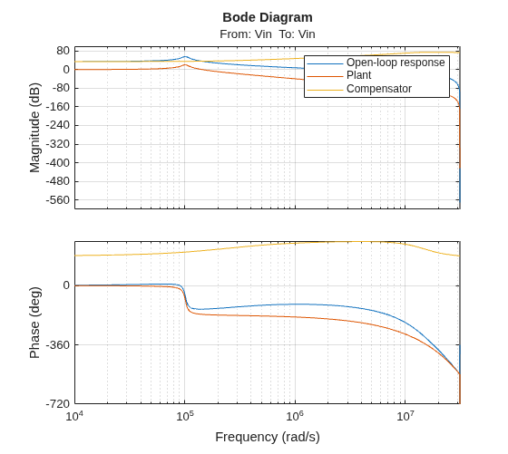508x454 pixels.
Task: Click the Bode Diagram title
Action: point(268,17)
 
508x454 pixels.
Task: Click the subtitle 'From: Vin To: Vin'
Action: point(268,34)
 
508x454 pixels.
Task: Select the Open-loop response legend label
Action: point(396,63)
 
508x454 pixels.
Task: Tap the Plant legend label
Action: point(358,75)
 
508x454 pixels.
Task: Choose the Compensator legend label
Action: point(379,89)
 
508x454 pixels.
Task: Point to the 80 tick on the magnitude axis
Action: point(63,51)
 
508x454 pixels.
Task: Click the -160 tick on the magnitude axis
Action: point(58,106)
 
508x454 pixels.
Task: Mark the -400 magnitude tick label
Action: point(58,163)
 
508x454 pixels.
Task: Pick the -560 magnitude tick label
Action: point(58,200)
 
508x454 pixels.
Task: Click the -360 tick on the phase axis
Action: point(58,345)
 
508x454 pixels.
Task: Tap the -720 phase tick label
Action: point(58,404)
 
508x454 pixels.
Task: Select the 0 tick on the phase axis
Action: point(66,285)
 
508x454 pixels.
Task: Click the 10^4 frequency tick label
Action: point(74,416)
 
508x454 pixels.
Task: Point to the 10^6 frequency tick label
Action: point(295,416)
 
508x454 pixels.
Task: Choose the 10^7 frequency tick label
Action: point(405,416)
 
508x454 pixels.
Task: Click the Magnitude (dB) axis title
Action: point(34,128)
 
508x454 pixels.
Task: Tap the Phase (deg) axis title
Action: point(34,323)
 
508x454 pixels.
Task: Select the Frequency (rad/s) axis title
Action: point(268,437)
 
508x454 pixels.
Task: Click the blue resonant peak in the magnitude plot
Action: point(185,56)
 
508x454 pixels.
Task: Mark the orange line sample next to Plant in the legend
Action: point(325,77)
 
